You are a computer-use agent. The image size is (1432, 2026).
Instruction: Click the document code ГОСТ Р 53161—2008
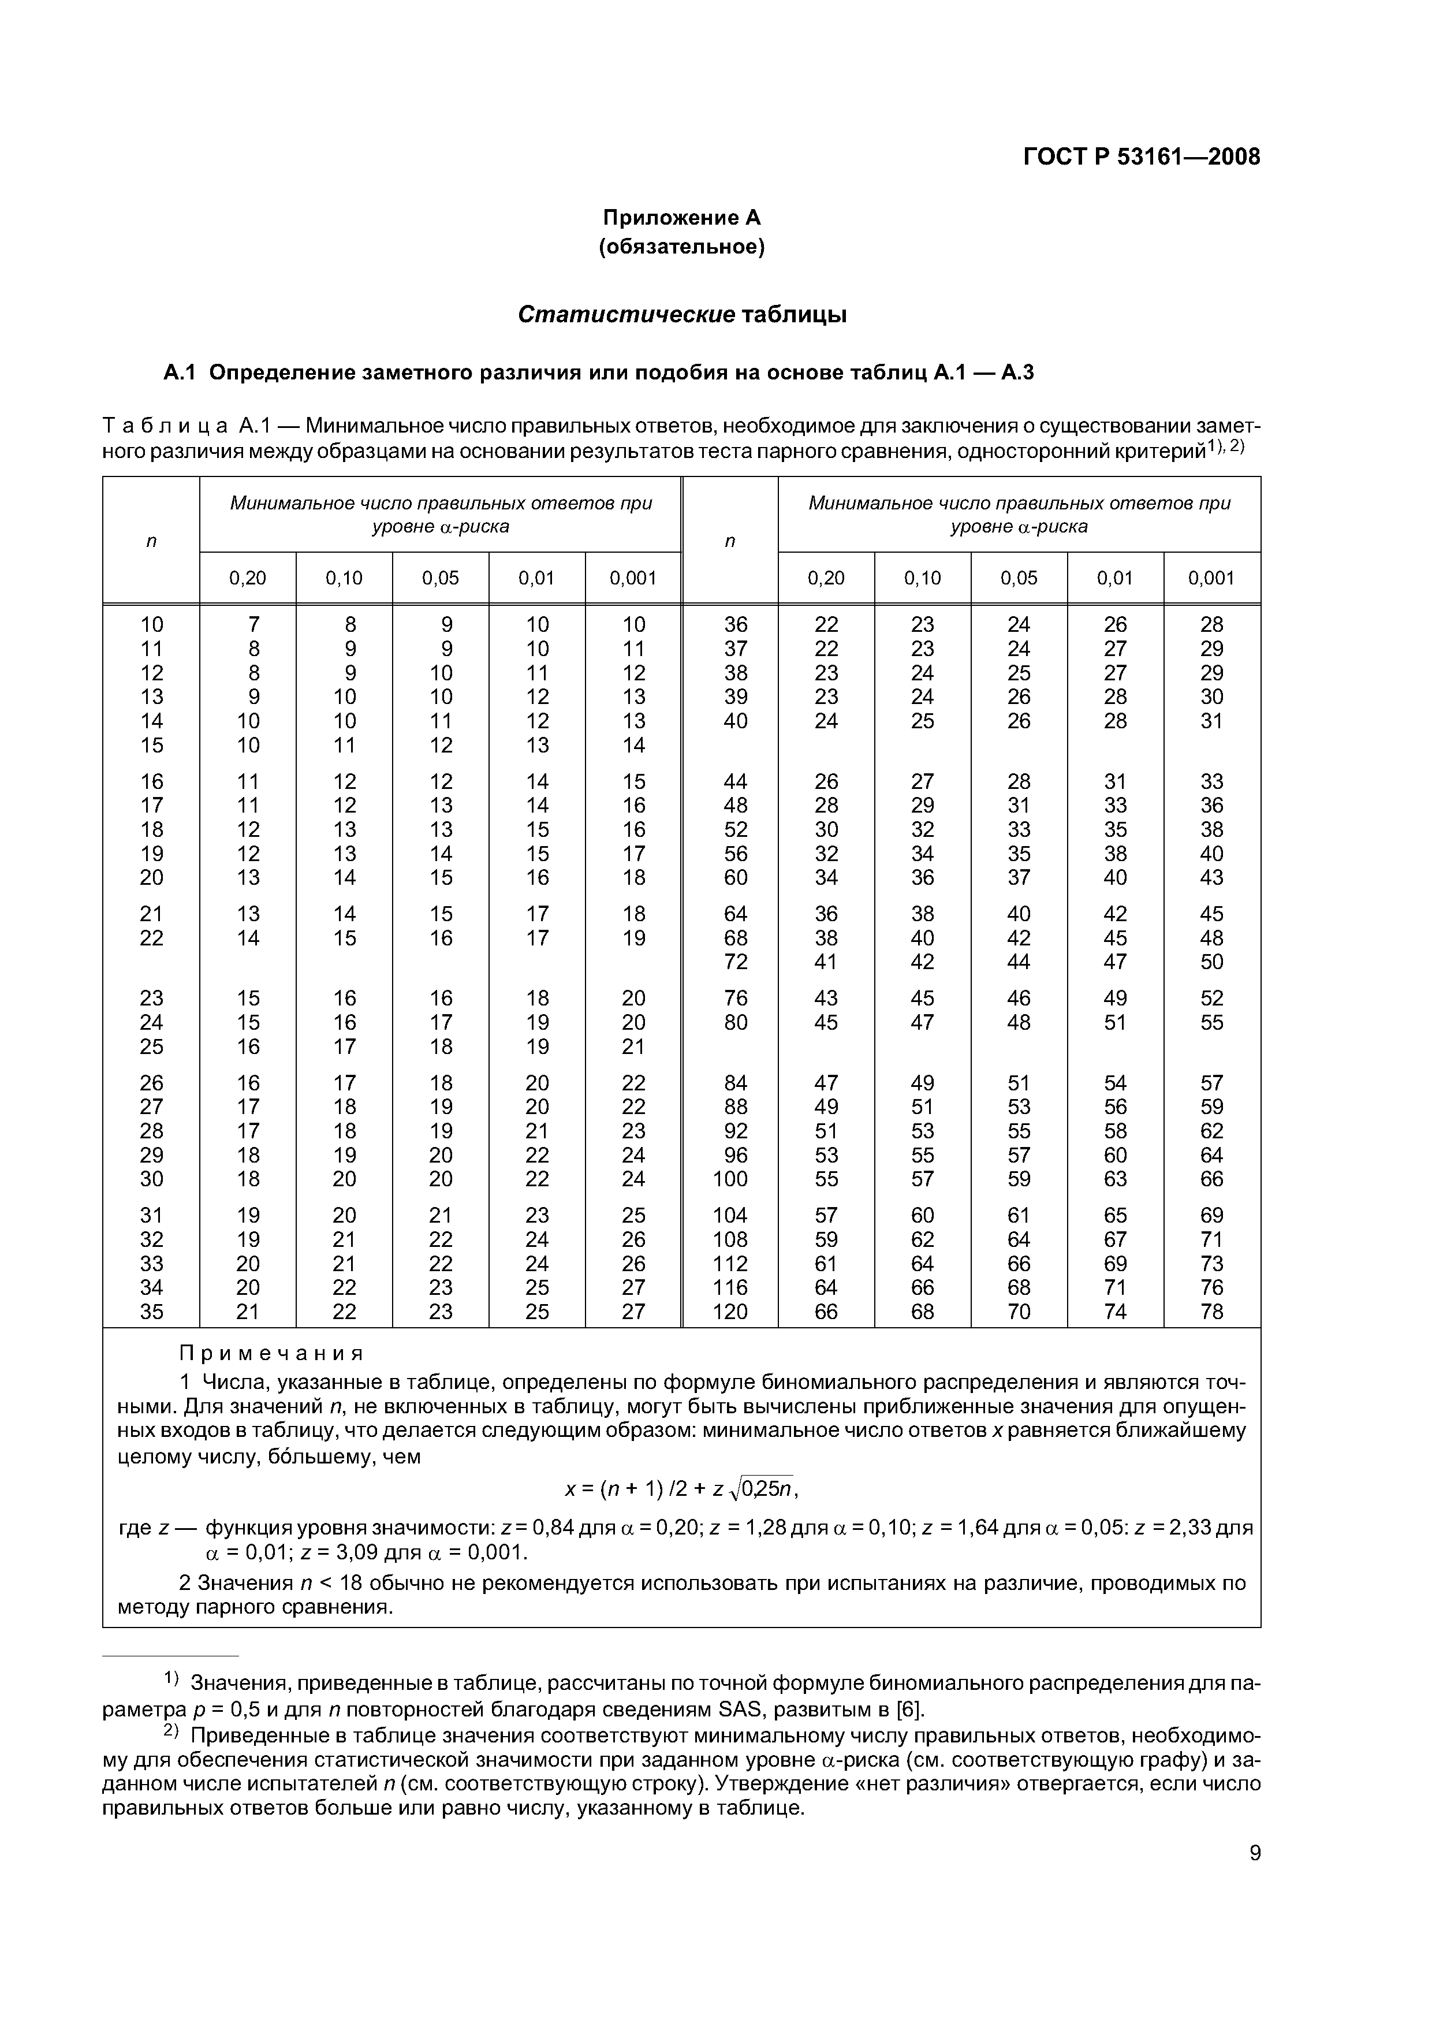coord(1141,157)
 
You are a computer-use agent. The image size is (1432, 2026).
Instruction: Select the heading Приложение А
coord(681,217)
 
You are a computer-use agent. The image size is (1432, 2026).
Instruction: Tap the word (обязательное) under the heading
coord(681,247)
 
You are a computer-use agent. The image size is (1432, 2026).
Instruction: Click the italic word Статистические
coord(625,315)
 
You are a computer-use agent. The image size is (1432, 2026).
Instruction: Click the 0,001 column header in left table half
coord(633,578)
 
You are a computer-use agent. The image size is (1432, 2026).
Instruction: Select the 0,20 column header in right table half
coord(826,578)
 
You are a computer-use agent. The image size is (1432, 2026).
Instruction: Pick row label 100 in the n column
coord(730,1179)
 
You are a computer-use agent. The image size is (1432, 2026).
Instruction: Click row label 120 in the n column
coord(730,1312)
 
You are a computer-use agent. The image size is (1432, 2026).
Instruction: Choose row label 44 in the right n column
coord(735,781)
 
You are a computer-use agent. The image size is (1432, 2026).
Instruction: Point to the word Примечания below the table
coord(272,1354)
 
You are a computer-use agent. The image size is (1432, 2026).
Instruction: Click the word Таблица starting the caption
coord(165,426)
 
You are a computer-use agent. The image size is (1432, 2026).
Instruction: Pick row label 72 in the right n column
coord(735,962)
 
